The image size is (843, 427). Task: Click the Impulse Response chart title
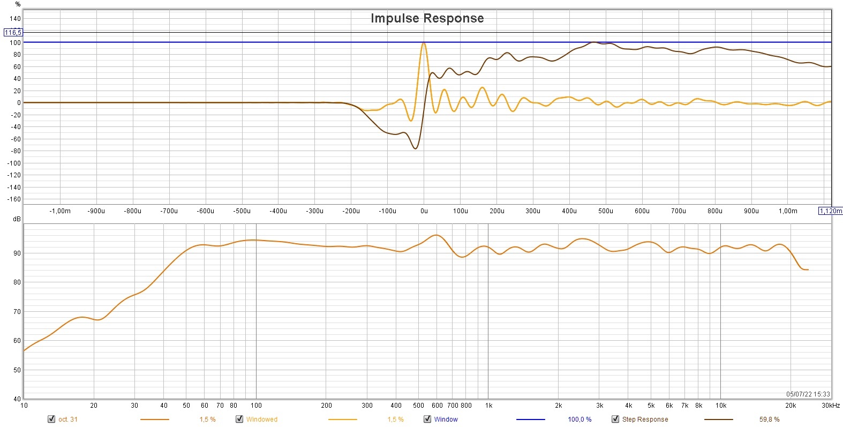coord(427,18)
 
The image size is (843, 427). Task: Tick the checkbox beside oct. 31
coord(51,419)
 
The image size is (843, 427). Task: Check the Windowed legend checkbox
coord(239,419)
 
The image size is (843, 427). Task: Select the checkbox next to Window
coord(427,419)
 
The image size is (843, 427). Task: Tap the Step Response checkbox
coord(615,419)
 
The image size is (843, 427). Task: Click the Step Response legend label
coord(645,419)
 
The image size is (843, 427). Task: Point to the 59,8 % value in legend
coord(769,419)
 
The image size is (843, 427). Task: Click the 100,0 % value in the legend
coord(579,419)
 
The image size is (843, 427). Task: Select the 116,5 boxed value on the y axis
coord(13,33)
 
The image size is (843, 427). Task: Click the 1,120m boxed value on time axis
coord(830,211)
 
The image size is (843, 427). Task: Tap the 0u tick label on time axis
coord(424,211)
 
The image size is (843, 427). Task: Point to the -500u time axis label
coord(242,211)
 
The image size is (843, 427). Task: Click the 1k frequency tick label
coord(488,406)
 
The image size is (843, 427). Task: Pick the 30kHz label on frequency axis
coord(831,406)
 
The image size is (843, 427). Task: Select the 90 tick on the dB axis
coord(17,253)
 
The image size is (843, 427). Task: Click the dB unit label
coord(17,220)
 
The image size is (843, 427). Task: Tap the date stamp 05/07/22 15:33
coord(808,394)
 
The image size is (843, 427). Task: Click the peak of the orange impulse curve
coord(424,43)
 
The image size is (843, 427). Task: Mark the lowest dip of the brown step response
coord(416,148)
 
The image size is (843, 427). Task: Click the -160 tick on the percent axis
coord(14,199)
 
